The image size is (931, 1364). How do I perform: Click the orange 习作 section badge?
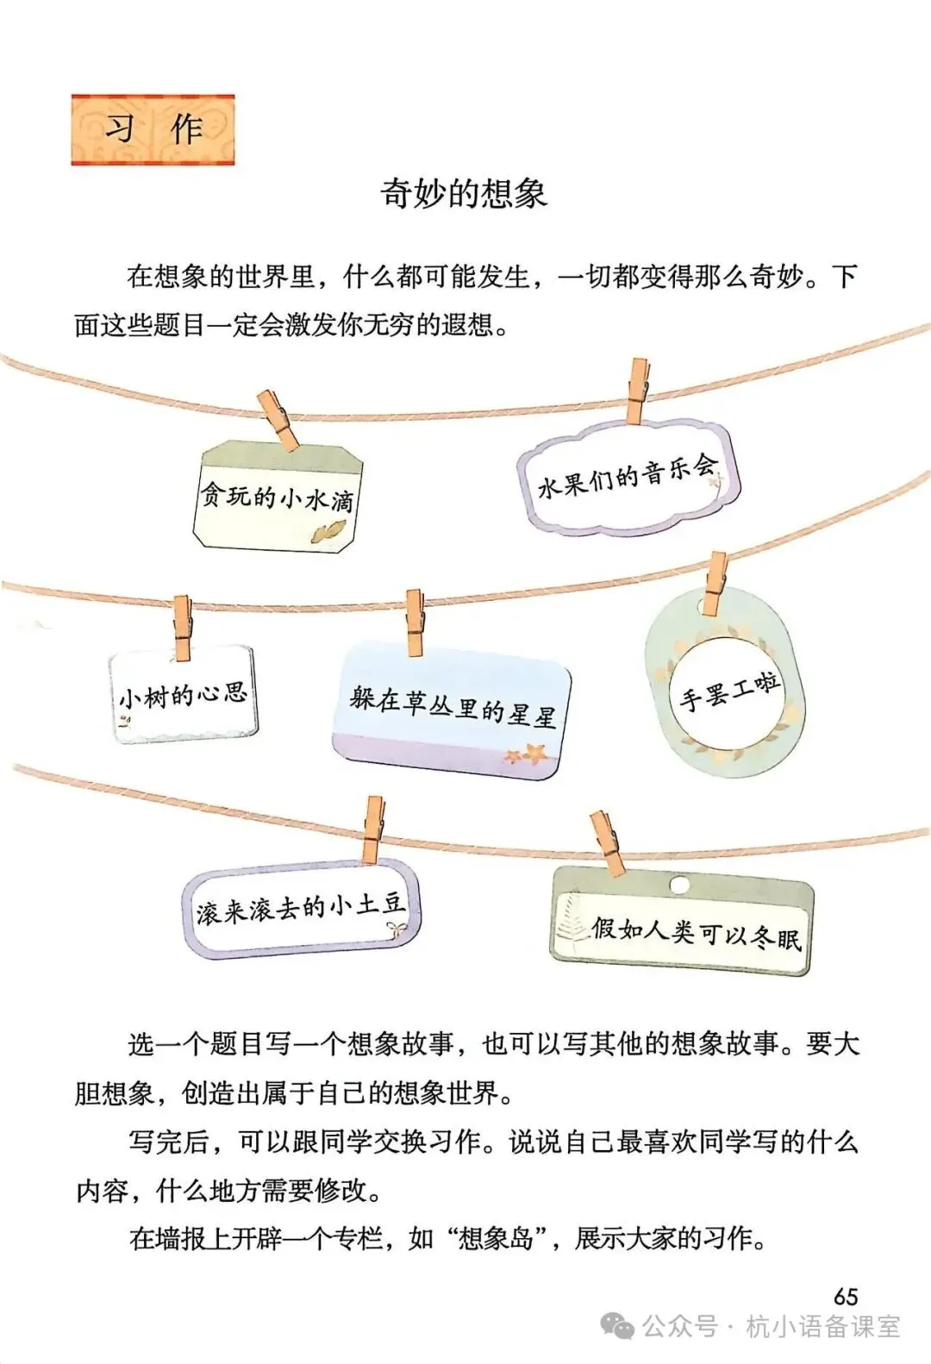click(153, 130)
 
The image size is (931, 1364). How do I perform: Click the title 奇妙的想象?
click(464, 193)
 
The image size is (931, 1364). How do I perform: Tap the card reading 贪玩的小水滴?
click(277, 499)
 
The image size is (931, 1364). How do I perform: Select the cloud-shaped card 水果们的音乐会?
click(628, 477)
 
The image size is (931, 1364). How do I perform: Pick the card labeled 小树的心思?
click(183, 696)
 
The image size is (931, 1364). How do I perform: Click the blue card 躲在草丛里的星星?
click(452, 711)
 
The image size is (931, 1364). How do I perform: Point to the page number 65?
click(846, 1296)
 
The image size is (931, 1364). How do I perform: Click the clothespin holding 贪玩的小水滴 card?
click(278, 420)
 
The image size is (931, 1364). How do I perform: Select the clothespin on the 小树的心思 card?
click(182, 627)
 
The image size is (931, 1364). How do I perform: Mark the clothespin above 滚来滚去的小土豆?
click(373, 829)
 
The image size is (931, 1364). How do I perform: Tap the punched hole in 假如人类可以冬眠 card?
click(679, 885)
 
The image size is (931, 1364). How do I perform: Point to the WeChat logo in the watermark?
click(617, 1327)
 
